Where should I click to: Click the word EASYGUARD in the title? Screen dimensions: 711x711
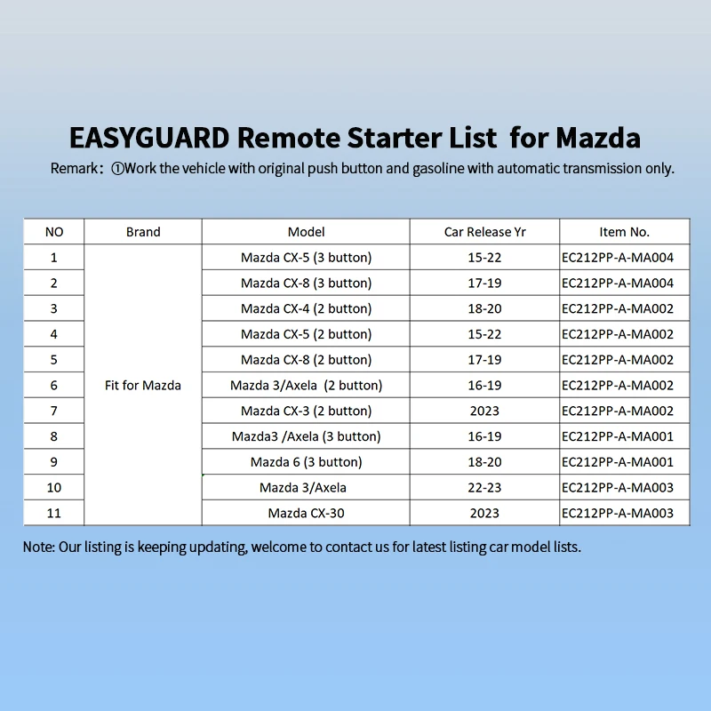click(x=149, y=138)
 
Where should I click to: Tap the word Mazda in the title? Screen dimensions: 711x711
click(x=598, y=138)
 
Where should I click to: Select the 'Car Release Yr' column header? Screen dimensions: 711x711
click(x=484, y=232)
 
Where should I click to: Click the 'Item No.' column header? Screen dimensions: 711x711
click(x=625, y=232)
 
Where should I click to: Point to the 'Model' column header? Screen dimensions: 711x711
click(x=306, y=232)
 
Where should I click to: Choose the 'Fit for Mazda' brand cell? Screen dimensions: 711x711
click(x=143, y=385)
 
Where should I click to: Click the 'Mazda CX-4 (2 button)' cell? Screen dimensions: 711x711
click(x=306, y=308)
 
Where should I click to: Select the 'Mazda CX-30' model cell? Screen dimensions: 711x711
click(x=306, y=513)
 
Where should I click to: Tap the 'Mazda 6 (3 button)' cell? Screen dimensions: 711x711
click(x=306, y=461)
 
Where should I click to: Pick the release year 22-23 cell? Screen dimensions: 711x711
click(x=484, y=487)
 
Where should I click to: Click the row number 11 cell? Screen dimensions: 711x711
click(x=54, y=513)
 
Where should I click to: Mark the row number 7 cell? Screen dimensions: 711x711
click(x=54, y=411)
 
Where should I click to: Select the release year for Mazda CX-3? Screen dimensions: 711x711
click(x=484, y=411)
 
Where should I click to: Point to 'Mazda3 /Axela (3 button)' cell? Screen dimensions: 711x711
click(x=306, y=436)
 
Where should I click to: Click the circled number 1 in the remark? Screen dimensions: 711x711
click(x=117, y=169)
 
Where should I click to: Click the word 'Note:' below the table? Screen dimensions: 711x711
click(x=39, y=547)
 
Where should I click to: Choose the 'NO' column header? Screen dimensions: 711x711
click(x=54, y=232)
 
